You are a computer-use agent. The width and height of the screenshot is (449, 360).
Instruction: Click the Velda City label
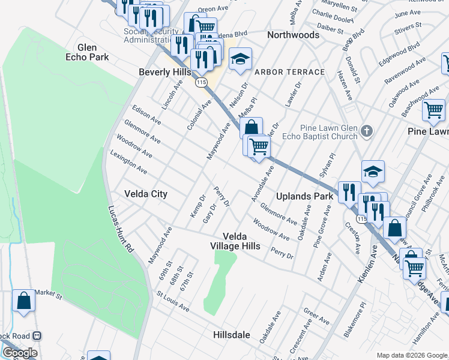145,194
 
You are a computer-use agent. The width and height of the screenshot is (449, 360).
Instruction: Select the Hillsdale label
231,335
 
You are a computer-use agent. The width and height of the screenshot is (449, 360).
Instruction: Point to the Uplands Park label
304,196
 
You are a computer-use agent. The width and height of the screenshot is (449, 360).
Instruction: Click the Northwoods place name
293,35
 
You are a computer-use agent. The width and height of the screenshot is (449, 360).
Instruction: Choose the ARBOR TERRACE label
289,72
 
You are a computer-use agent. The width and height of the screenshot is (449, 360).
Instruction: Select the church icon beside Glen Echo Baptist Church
367,131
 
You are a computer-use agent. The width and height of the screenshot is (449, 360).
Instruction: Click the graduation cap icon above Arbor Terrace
240,59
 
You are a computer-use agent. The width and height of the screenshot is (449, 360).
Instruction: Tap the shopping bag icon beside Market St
23,301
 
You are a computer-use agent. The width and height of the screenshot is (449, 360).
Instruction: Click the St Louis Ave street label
173,302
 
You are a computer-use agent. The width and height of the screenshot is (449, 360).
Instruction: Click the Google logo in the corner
20,353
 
